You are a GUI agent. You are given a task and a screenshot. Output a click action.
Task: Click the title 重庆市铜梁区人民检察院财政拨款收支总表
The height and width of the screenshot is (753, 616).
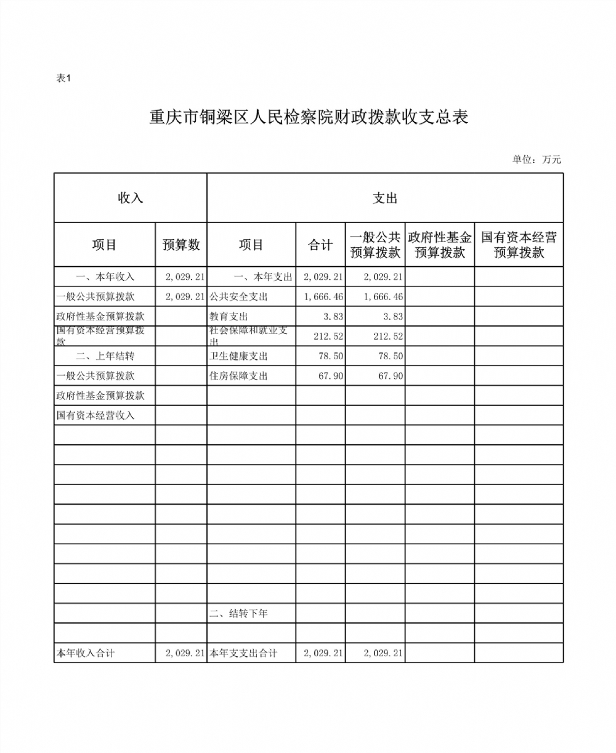pyautogui.click(x=309, y=117)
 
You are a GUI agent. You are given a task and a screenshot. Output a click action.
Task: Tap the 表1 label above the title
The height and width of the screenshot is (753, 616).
pyautogui.click(x=64, y=78)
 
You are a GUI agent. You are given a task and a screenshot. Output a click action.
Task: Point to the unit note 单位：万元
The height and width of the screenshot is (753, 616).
pyautogui.click(x=536, y=160)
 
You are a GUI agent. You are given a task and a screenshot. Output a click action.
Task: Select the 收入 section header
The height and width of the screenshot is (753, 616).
pyautogui.click(x=130, y=198)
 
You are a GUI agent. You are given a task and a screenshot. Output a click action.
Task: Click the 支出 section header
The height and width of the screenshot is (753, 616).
pyautogui.click(x=385, y=198)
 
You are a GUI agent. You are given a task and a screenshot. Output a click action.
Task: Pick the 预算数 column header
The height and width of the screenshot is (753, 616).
pyautogui.click(x=181, y=245)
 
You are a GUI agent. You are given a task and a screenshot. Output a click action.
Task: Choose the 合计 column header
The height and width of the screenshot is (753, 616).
pyautogui.click(x=320, y=245)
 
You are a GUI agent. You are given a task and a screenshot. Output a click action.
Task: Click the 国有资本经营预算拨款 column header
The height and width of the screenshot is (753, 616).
pyautogui.click(x=519, y=245)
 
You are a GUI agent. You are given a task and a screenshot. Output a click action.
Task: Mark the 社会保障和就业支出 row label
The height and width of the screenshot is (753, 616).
pyautogui.click(x=248, y=336)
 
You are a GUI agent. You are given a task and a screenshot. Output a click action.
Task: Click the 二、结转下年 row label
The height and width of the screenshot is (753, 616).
pyautogui.click(x=239, y=613)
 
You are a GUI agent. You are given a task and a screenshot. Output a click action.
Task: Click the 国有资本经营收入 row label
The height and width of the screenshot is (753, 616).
pyautogui.click(x=95, y=415)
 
